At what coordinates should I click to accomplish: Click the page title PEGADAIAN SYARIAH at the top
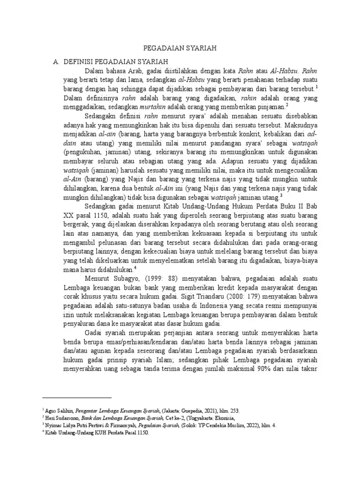pos(180,48)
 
